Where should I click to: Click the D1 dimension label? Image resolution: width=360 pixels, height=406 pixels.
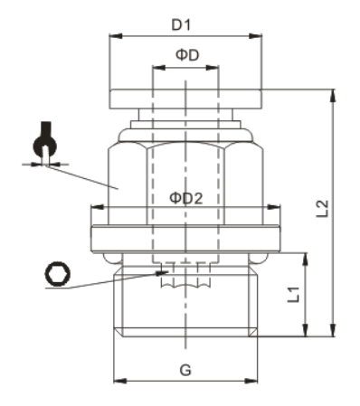pyautogui.click(x=181, y=25)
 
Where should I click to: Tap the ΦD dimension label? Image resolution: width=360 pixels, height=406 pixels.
pyautogui.click(x=187, y=55)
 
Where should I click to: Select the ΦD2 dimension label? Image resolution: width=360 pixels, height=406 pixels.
pyautogui.click(x=186, y=198)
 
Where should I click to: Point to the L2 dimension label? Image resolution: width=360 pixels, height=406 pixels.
pyautogui.click(x=322, y=209)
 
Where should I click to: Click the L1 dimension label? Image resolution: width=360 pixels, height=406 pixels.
pyautogui.click(x=293, y=295)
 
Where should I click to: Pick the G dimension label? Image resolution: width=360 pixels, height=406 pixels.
pyautogui.click(x=185, y=370)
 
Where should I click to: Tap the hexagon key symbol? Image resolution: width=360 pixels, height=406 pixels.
pyautogui.click(x=58, y=274)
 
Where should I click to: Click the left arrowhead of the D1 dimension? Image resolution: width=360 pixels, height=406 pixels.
pyautogui.click(x=116, y=36)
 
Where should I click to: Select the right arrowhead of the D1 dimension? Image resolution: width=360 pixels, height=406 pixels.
pyautogui.click(x=255, y=36)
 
